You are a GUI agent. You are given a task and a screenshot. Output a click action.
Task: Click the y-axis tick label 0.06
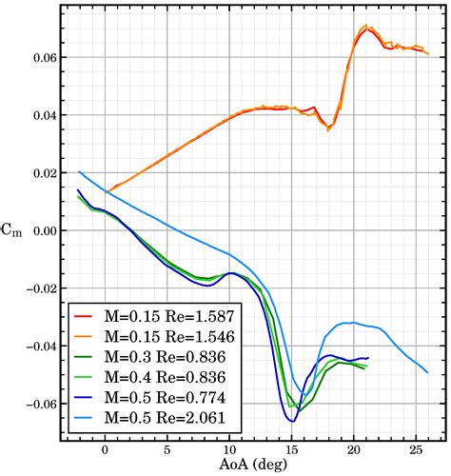click(x=41, y=57)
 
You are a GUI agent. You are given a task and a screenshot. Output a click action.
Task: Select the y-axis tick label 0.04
click(x=41, y=115)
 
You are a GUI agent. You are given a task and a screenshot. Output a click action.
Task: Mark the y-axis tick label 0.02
click(x=41, y=173)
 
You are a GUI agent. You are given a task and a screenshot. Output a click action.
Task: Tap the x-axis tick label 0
click(x=105, y=448)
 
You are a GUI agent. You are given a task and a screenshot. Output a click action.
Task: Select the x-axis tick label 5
click(x=167, y=448)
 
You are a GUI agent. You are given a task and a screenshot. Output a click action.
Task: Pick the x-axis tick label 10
click(x=229, y=448)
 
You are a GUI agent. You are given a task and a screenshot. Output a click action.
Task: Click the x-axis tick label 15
click(x=291, y=448)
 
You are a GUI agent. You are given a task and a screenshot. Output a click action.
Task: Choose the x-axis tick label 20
click(x=353, y=448)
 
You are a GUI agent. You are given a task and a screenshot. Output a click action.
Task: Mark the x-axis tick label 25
click(x=415, y=448)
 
